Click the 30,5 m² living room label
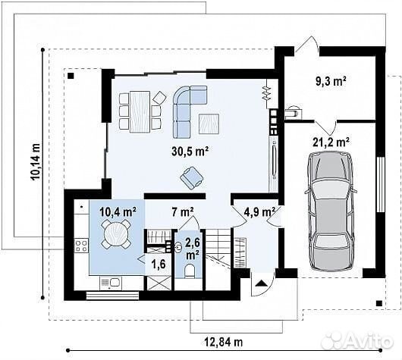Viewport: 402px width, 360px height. pyautogui.click(x=190, y=151)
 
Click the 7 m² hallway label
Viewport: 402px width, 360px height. pyautogui.click(x=183, y=212)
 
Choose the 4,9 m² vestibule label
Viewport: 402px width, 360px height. pyautogui.click(x=259, y=212)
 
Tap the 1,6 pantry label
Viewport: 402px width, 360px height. pyautogui.click(x=159, y=265)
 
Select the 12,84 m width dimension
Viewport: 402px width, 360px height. pyautogui.click(x=223, y=342)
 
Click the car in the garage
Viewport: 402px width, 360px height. pyautogui.click(x=331, y=211)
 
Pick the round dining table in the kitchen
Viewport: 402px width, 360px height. pyautogui.click(x=116, y=233)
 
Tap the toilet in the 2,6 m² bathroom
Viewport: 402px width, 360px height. pyautogui.click(x=190, y=271)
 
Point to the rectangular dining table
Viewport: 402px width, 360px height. pyautogui.click(x=140, y=111)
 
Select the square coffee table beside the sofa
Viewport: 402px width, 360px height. pyautogui.click(x=209, y=124)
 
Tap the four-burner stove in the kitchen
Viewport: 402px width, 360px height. pyautogui.click(x=81, y=246)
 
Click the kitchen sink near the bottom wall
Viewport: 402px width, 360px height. pyautogui.click(x=111, y=283)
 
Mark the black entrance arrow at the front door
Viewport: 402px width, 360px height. pyautogui.click(x=261, y=283)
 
